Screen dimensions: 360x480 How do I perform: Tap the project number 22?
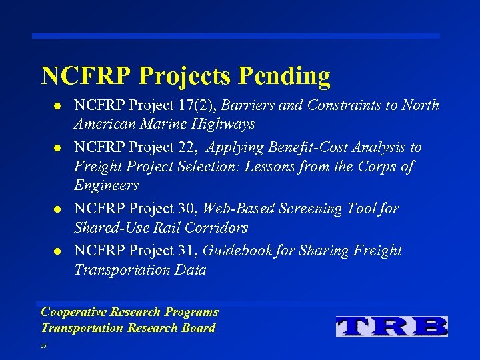click(189, 147)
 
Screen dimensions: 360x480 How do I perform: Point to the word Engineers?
click(107, 185)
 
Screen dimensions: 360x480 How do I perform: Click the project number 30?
click(189, 209)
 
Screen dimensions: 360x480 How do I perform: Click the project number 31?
click(189, 251)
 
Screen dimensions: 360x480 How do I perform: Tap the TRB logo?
click(392, 326)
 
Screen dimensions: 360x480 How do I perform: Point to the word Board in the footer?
click(198, 328)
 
